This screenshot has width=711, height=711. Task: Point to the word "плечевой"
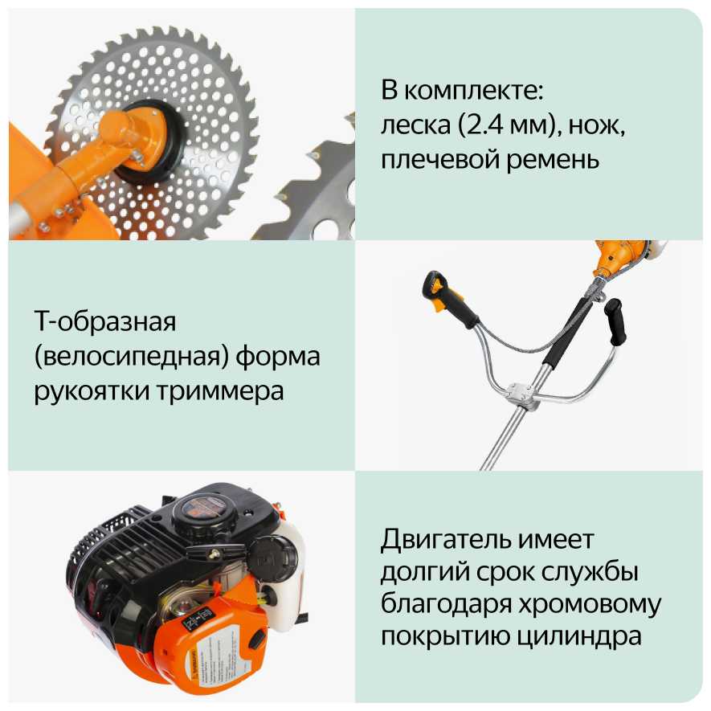(x=439, y=159)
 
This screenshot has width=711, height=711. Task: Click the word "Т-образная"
(x=104, y=322)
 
